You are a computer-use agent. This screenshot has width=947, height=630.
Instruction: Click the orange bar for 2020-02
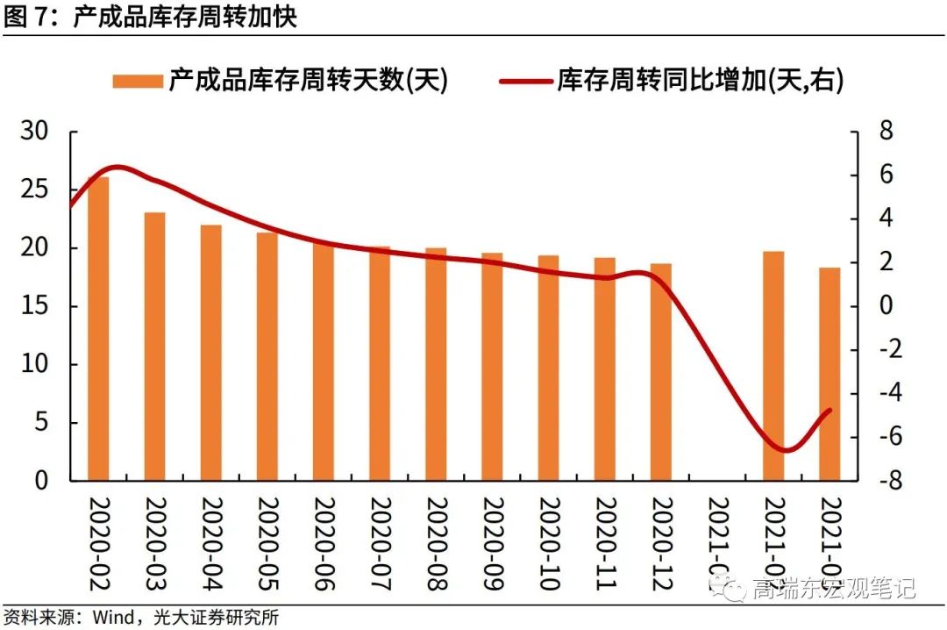[x=98, y=329]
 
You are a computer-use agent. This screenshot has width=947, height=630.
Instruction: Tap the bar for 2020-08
[x=436, y=364]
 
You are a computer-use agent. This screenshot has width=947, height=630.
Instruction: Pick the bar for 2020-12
[x=661, y=372]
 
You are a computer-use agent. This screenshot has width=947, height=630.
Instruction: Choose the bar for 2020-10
[x=549, y=368]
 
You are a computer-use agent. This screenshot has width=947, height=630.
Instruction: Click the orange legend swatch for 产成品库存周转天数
[x=138, y=82]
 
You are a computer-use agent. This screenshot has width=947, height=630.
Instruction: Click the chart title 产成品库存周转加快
[x=185, y=16]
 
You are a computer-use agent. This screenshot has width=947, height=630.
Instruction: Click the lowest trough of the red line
[x=785, y=450]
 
